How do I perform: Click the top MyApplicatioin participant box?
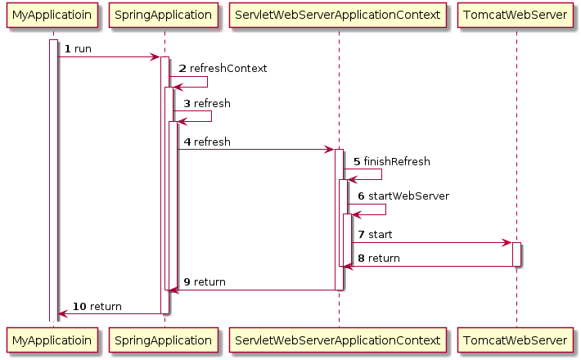52,15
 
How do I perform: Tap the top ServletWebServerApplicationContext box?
338,15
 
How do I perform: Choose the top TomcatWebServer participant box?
516,15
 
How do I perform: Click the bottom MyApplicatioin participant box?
52,339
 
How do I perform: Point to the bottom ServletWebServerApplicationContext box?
338,339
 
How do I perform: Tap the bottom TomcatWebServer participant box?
516,339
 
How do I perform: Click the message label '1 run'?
78,49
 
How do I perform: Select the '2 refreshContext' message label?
222,69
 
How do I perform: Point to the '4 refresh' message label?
206,142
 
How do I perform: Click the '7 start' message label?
374,235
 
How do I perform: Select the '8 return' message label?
377,259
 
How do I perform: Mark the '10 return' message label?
97,306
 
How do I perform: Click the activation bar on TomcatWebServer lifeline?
516,254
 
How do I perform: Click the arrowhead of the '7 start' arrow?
507,243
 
